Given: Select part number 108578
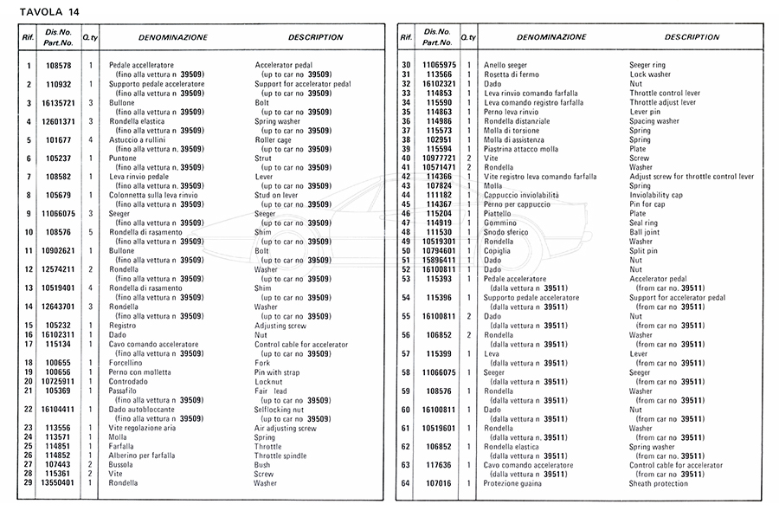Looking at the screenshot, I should click(58, 65).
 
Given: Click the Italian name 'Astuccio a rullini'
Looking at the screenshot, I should click(141, 139).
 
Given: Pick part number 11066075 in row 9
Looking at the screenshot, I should click(58, 214).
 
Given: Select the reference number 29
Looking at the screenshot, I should click(29, 482).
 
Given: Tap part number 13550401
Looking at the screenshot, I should click(58, 482).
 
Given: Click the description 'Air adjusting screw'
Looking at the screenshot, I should click(286, 428).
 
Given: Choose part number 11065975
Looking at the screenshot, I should click(439, 65).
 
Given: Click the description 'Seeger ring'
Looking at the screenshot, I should click(647, 65).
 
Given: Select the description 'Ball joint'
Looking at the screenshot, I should click(645, 232).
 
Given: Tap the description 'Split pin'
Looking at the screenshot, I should click(644, 251).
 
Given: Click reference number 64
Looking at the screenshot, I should click(405, 483).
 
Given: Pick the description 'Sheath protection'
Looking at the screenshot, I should click(658, 483).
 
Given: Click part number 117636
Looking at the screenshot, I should click(439, 465).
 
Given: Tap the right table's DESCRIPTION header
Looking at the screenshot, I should click(692, 37).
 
